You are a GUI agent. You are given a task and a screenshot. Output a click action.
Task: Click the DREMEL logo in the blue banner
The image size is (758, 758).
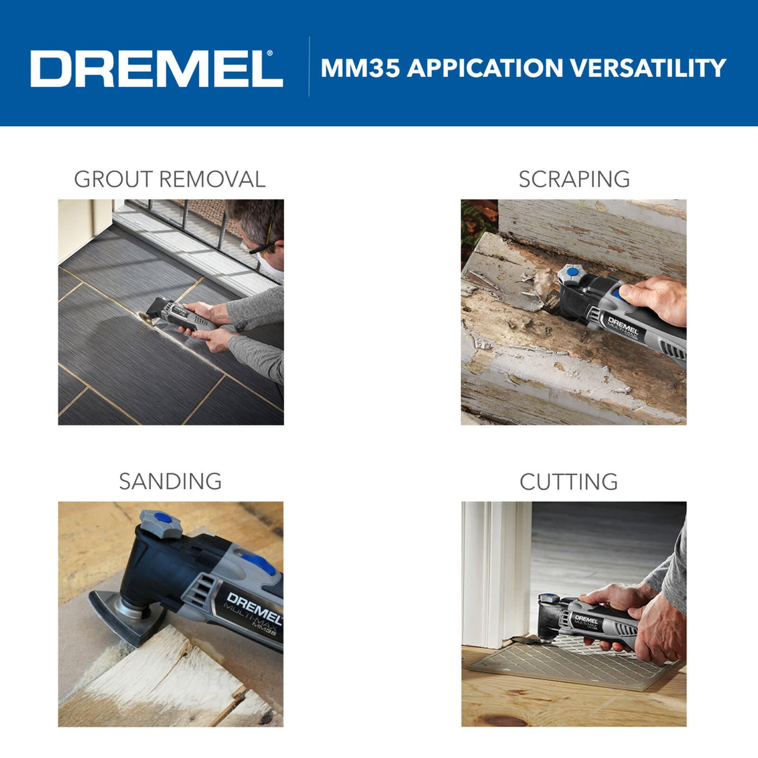pos(156,69)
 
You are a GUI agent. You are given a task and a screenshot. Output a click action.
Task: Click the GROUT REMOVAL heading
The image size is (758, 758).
pos(170,179)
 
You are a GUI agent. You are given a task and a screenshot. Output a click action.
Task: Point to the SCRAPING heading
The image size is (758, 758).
pos(574,179)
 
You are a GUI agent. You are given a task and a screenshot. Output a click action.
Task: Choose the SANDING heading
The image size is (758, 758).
pos(170,481)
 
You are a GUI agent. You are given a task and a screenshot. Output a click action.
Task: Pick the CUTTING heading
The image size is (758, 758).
pos(568,482)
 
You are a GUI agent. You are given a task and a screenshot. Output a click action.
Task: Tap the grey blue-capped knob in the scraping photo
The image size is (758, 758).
pos(570,275)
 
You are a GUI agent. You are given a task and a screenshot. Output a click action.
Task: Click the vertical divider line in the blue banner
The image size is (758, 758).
pos(309,66)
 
